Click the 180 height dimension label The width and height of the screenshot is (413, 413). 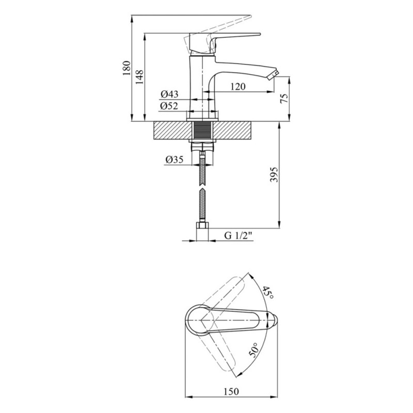126,68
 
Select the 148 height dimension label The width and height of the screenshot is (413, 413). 139,77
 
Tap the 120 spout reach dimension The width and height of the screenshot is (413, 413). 238,86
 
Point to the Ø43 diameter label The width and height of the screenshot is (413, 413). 169,94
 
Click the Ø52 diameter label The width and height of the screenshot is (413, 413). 169,106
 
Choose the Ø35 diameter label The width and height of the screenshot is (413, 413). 174,160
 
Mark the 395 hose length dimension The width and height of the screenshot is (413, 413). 274,174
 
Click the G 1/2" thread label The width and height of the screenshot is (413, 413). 239,235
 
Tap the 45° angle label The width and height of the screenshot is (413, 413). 268,292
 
